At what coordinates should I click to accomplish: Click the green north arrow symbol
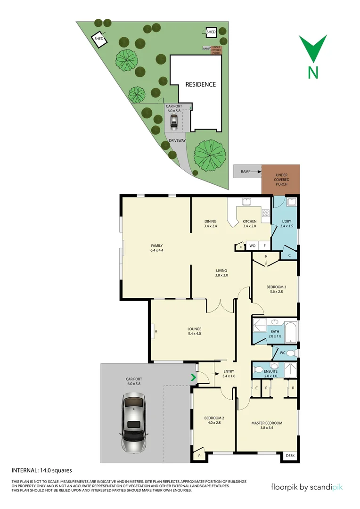tap(313, 49)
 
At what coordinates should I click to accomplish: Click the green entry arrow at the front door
tap(192, 377)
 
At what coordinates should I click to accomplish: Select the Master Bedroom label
tap(267, 423)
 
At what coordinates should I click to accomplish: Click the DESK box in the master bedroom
tap(290, 456)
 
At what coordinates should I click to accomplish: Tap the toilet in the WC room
tap(291, 353)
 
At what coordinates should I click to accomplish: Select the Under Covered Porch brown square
tap(281, 179)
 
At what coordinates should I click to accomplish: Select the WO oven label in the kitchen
tap(252, 246)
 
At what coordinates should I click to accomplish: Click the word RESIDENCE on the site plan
tap(200, 84)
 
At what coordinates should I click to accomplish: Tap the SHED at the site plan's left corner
tap(99, 39)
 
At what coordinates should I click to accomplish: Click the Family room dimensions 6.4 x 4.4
tap(156, 250)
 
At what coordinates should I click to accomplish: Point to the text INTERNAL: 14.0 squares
tap(41, 470)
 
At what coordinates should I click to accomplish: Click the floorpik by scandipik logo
tap(307, 487)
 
